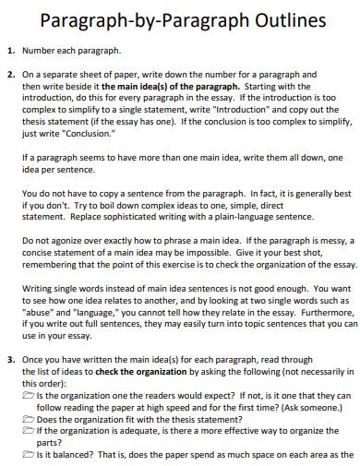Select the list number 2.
tap(10, 74)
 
